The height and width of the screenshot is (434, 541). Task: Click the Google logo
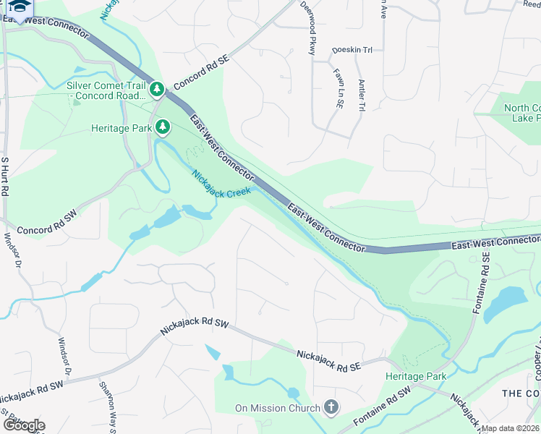click(x=24, y=425)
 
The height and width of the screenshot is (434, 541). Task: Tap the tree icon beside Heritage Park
click(x=163, y=128)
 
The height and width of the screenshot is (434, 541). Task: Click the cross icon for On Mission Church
click(x=331, y=408)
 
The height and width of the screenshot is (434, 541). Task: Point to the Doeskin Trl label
click(x=352, y=51)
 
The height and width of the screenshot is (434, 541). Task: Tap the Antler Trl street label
click(x=361, y=95)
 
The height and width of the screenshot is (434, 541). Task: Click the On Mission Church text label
click(x=278, y=409)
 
